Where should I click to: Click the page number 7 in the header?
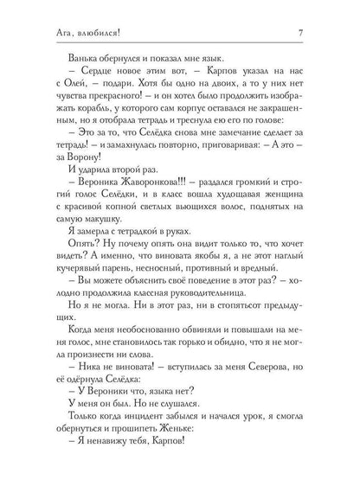pos(322,34)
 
